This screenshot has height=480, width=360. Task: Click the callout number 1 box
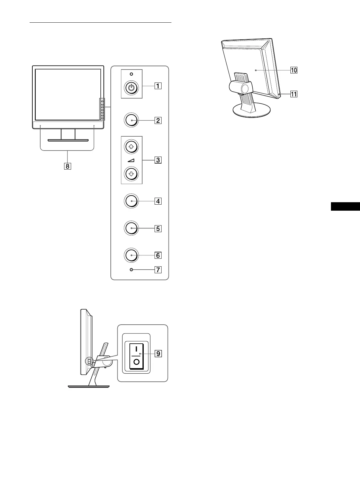tap(158, 86)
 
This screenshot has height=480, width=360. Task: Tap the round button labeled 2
tap(132, 120)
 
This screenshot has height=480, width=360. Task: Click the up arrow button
tap(132, 147)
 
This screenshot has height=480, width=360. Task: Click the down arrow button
tap(132, 174)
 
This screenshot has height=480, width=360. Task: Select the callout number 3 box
tap(158, 160)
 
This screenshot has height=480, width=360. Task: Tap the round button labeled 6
tap(132, 255)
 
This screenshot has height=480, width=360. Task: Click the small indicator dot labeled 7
tap(131, 269)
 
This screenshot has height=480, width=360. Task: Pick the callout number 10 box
tap(293, 70)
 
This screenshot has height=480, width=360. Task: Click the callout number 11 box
tap(293, 94)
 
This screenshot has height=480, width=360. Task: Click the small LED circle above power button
tap(131, 74)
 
